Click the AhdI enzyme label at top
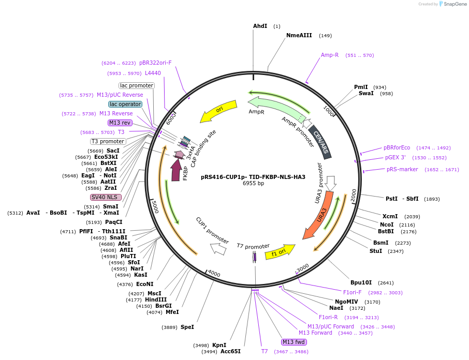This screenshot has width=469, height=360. pos(260,26)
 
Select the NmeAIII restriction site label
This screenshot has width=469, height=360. pos(299,35)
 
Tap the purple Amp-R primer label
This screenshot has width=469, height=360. pos(329,55)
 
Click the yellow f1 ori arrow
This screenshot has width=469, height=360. pos(279,252)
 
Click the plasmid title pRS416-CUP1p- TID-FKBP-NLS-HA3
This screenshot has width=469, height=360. pos(253,177)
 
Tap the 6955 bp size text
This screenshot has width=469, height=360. pos(253,183)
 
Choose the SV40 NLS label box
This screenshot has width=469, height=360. pos(106,197)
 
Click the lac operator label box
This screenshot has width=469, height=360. pos(125,104)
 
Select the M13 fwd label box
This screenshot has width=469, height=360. pos(294,342)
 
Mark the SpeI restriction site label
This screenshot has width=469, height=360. pos(187,327)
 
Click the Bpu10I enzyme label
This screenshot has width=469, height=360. pos(361,282)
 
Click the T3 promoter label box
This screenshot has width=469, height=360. pos(108,141)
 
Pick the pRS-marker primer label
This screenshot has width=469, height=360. pos(402,169)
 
